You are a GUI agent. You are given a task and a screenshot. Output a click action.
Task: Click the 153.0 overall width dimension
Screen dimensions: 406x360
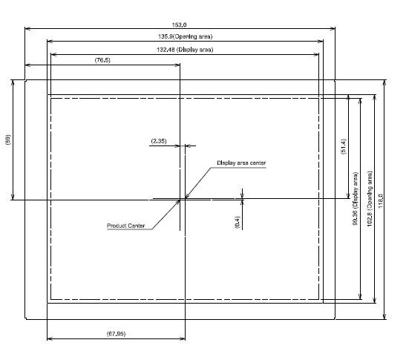click(179, 24)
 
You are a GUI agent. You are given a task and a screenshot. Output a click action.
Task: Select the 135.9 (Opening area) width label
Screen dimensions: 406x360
click(185, 36)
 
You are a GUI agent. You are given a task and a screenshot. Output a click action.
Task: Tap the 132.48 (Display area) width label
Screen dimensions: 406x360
click(185, 50)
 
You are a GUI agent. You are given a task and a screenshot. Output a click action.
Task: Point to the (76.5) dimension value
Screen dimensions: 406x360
click(102, 60)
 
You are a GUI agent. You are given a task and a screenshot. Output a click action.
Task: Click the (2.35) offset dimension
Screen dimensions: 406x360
click(159, 141)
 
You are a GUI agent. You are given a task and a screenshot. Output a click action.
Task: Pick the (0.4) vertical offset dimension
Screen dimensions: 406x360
click(238, 222)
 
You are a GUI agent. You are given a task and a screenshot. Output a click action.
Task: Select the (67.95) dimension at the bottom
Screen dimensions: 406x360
click(116, 334)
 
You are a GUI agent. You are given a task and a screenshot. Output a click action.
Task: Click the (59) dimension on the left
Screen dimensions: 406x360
click(8, 140)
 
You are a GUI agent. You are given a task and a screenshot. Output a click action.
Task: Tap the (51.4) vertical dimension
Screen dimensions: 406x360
click(344, 146)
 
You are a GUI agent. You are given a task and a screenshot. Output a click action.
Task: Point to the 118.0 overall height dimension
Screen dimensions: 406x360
click(380, 201)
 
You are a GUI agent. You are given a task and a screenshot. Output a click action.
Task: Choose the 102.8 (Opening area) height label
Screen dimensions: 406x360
click(370, 199)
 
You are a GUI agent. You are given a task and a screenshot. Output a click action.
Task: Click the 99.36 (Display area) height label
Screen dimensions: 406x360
click(356, 199)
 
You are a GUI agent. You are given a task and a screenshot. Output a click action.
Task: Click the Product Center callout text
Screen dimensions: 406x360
click(126, 226)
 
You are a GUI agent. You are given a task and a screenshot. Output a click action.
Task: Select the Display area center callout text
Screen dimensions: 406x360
click(241, 163)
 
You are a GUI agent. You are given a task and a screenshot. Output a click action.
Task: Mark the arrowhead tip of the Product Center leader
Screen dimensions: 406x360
click(180, 200)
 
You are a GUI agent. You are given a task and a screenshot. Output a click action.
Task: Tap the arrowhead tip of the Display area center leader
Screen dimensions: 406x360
click(186, 198)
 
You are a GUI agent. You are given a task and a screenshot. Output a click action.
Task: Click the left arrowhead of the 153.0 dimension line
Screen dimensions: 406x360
click(25, 28)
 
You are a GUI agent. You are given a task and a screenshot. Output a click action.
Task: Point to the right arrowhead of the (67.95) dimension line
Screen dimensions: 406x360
click(185, 338)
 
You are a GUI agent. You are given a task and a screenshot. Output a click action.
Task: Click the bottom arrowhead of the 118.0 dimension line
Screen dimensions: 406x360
click(384, 319)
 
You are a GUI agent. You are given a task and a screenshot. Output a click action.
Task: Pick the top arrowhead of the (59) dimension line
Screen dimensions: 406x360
click(13, 80)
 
